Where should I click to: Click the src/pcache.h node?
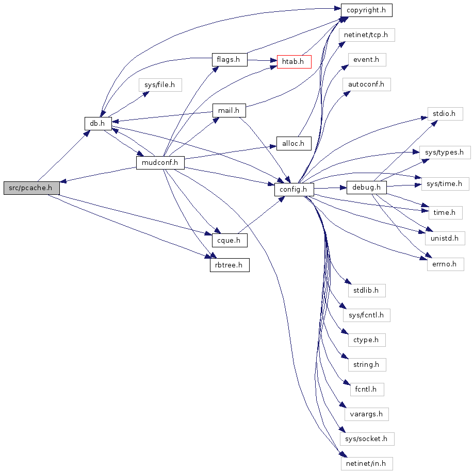tap(31, 188)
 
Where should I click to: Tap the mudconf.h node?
tap(160, 163)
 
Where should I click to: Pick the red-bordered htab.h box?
tap(294, 61)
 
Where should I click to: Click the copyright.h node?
tap(366, 10)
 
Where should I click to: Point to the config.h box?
tap(293, 190)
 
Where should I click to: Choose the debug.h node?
tap(366, 187)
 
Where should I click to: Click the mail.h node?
tap(229, 110)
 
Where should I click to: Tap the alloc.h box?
tap(294, 143)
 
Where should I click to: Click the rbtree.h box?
tap(229, 265)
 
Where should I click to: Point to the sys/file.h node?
tap(160, 85)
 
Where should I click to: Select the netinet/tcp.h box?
tap(367, 35)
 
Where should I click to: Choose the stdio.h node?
tap(444, 113)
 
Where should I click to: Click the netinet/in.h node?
tap(366, 463)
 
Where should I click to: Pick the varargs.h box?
tap(366, 413)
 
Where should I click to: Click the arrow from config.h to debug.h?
tap(330, 189)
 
